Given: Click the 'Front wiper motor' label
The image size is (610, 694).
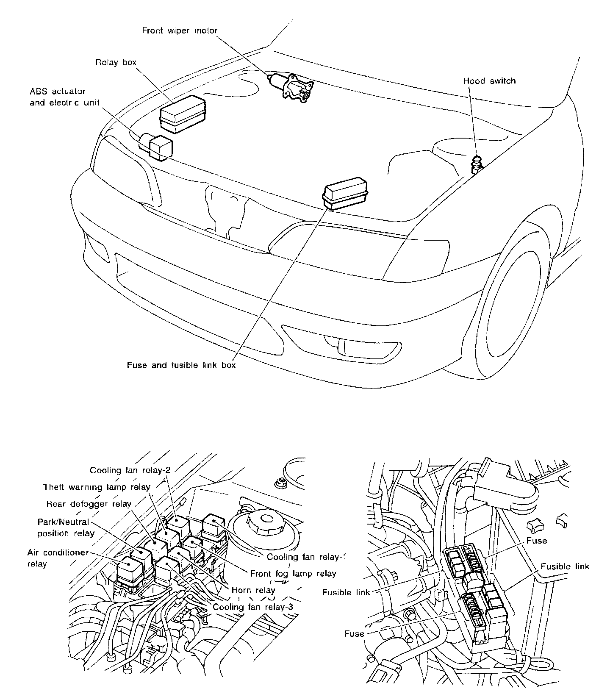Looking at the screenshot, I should (180, 31).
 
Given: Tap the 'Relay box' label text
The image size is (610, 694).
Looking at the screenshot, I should (116, 62).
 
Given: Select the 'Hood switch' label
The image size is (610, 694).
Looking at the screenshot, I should (489, 81).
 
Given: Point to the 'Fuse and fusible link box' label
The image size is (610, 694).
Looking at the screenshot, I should (181, 365).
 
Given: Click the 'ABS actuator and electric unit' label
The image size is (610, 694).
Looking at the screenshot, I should (64, 97).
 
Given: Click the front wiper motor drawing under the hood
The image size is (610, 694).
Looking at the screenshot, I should (292, 86).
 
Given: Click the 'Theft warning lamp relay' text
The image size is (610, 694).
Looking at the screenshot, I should (97, 487).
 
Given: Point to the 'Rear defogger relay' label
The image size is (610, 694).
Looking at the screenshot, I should (89, 504).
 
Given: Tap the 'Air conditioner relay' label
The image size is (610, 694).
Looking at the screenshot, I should (58, 558).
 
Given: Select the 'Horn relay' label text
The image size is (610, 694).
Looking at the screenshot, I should (253, 590).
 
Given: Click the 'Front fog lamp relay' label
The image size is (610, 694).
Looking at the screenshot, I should (293, 574).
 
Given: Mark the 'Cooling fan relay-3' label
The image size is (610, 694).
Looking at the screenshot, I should (252, 607).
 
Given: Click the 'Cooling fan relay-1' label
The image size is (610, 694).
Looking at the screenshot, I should (307, 557).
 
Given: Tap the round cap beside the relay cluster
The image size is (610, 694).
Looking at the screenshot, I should (266, 522).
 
